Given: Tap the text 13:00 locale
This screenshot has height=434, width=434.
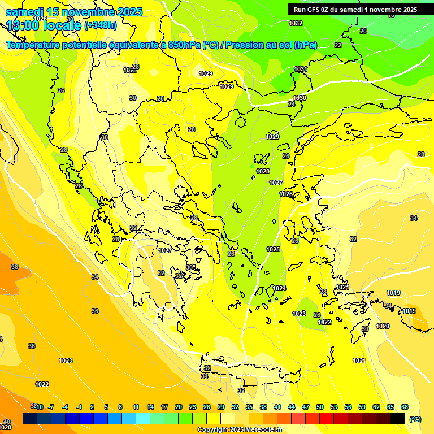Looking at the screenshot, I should [x=44, y=25].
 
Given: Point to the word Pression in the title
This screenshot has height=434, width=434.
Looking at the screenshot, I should [x=244, y=45].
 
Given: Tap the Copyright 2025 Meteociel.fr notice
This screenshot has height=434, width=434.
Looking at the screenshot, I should [x=239, y=429].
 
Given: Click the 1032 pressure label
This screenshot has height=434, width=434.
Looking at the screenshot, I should [x=296, y=23].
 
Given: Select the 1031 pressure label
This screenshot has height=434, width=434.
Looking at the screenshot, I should [x=300, y=70].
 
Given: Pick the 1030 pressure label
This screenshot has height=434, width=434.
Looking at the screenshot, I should [x=300, y=98].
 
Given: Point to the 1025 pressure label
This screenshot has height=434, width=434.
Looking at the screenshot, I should [x=273, y=249].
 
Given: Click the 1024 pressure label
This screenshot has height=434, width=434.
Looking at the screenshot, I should [x=279, y=288].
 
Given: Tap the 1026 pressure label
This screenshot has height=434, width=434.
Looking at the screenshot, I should [x=286, y=194].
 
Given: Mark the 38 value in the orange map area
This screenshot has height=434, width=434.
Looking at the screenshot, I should [x=15, y=267].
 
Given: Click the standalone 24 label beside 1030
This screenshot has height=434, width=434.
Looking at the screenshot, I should [x=292, y=104].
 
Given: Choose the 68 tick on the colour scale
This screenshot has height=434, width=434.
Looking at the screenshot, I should [x=405, y=407].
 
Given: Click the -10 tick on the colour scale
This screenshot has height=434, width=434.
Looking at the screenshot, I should [x=40, y=407].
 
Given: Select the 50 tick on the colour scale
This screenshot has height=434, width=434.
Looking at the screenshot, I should [x=320, y=407].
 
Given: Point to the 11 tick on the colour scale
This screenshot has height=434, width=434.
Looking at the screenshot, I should [x=136, y=407].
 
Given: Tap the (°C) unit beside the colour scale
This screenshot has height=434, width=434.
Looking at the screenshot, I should [x=415, y=419].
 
